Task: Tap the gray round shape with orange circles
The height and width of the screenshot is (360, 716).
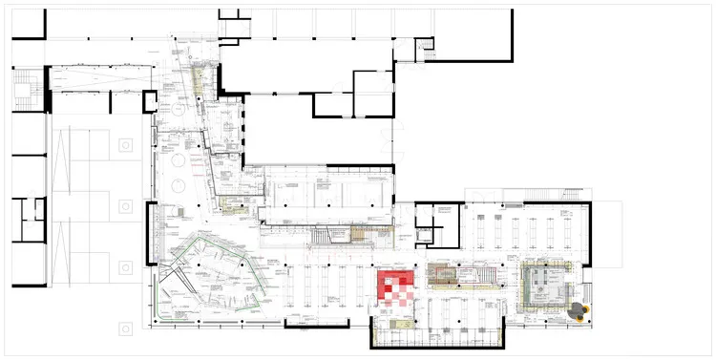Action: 577,309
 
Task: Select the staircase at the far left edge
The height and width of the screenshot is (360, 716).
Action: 23,93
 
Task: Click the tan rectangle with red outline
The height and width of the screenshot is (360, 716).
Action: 447,276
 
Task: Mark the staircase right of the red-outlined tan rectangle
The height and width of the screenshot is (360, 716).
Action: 482,276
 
